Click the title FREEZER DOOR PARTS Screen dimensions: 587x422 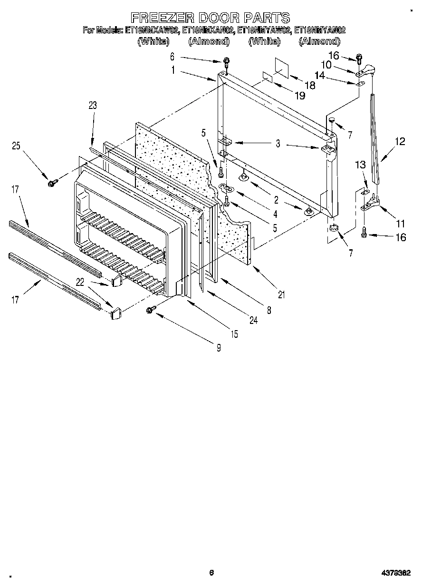tap(210, 18)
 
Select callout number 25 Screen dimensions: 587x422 tap(16, 147)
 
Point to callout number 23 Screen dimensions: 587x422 tap(92, 106)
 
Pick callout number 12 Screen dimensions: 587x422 tap(400, 141)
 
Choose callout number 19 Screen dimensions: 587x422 tap(300, 95)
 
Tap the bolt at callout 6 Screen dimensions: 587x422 tap(227, 61)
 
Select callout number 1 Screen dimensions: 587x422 tap(173, 70)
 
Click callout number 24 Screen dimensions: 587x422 tap(253, 321)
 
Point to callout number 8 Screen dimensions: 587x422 tap(269, 310)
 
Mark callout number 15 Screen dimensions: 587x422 tap(234, 334)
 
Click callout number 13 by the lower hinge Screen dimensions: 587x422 tap(361, 165)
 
